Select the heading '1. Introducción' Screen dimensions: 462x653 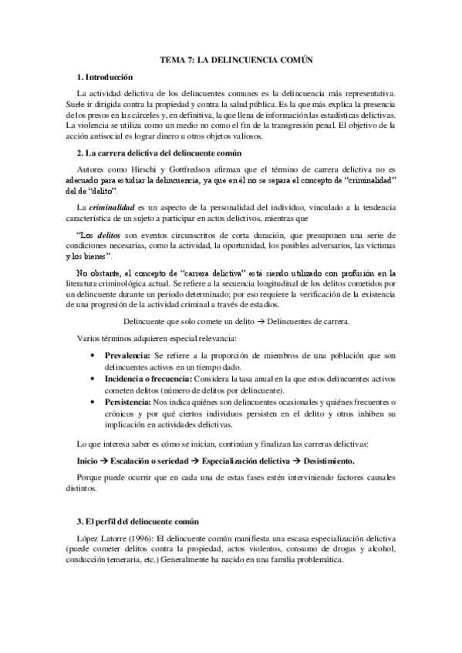tap(104, 77)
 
